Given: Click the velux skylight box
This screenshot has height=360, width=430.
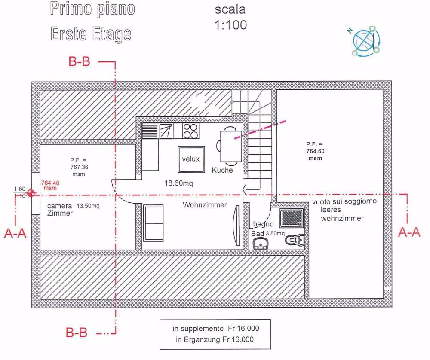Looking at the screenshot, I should [x=191, y=159].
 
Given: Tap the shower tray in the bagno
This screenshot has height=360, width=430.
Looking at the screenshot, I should [x=292, y=219].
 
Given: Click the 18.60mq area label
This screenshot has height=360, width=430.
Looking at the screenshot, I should [x=179, y=183].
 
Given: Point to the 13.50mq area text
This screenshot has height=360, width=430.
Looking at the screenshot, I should [x=88, y=206].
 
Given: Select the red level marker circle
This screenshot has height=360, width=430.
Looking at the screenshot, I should [x=31, y=193].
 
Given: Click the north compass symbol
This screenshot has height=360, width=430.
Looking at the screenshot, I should [x=365, y=41].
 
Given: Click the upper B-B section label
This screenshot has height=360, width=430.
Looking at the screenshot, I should [x=80, y=62].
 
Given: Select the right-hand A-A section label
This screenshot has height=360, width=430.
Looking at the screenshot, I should [x=409, y=232].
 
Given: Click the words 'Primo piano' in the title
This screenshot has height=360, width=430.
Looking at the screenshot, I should [x=92, y=9].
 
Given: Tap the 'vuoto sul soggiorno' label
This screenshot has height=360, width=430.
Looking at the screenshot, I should [x=344, y=201].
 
